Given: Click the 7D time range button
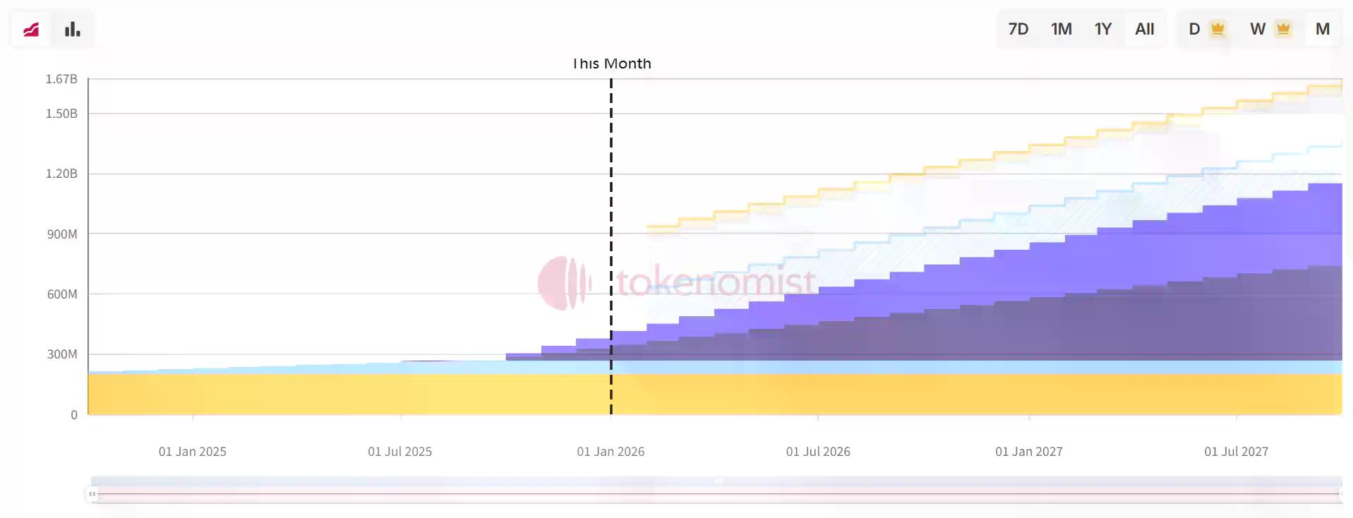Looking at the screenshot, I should pos(1018,29).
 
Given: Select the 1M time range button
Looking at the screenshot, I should pos(1061,29).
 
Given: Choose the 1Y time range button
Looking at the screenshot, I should pos(1102,29).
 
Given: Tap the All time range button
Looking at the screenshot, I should pos(1144,29).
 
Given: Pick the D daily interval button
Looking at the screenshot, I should pos(1194,29).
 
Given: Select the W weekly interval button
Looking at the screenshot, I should pos(1257,29).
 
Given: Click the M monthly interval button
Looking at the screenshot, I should pos(1322,29).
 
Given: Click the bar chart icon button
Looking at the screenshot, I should pos(72,29).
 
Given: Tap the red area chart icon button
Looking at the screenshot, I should pos(31,29).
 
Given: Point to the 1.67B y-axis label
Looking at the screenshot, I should pos(61,79).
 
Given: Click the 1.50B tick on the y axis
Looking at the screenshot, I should pos(61,114).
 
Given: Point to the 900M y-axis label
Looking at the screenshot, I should pos(62,234).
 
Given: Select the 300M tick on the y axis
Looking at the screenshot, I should pos(62,354).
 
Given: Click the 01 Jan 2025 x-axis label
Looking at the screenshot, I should pos(192,452).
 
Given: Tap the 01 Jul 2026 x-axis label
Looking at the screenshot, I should pos(818,452).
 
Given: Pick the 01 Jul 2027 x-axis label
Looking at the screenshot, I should pos(1236,452).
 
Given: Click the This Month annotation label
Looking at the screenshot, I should pos(612,64).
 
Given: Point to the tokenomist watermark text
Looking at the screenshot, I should pos(716,282).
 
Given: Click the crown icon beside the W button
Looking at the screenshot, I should pos(1283,29).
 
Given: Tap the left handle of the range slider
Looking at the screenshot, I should pos(92,494).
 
